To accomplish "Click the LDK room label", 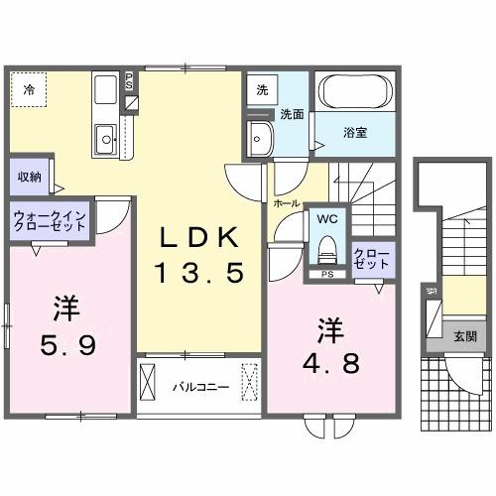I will [x=193, y=238].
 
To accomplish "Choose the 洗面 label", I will [x=290, y=113].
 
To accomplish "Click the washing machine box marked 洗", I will [x=262, y=90].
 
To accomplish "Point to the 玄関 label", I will [x=464, y=336].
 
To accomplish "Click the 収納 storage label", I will [x=29, y=177].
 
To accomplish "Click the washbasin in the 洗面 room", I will [x=260, y=137].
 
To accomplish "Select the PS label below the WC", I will [x=324, y=275].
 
